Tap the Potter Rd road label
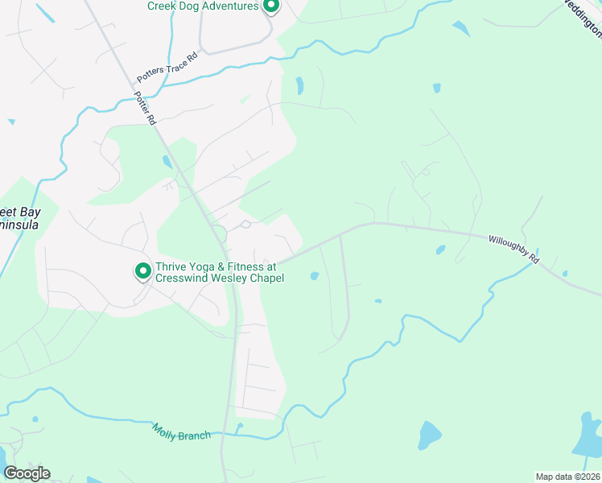pos(145,107)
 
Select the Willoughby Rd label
pos(513,250)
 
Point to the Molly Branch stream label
pos(181,431)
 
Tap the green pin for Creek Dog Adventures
pos(271,6)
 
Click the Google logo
pos(27,473)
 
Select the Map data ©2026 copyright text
pos(567,477)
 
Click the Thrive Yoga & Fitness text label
pos(216,266)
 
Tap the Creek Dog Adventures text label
pos(202,6)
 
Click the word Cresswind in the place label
pos(183,279)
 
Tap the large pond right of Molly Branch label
pos(429,436)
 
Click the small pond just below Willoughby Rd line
pos(440,250)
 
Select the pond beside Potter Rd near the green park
pos(167,161)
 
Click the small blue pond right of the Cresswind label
pos(314,277)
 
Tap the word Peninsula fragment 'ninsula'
pos(19,226)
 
